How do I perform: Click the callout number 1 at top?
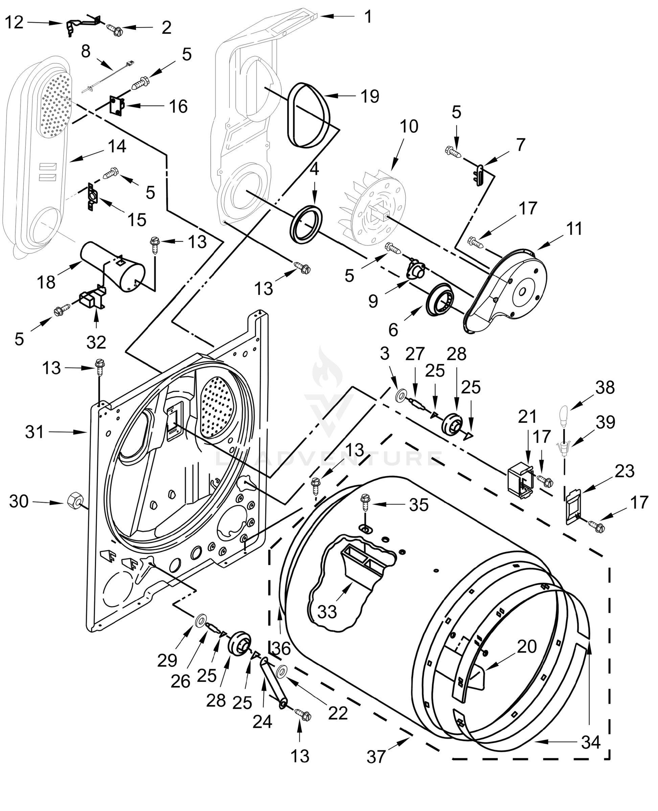click(368, 17)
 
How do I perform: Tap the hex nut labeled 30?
click(74, 502)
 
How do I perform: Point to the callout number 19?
click(369, 96)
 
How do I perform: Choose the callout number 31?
click(35, 432)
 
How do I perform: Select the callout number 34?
click(591, 742)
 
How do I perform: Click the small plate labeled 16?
click(117, 105)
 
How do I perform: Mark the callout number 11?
click(574, 229)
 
